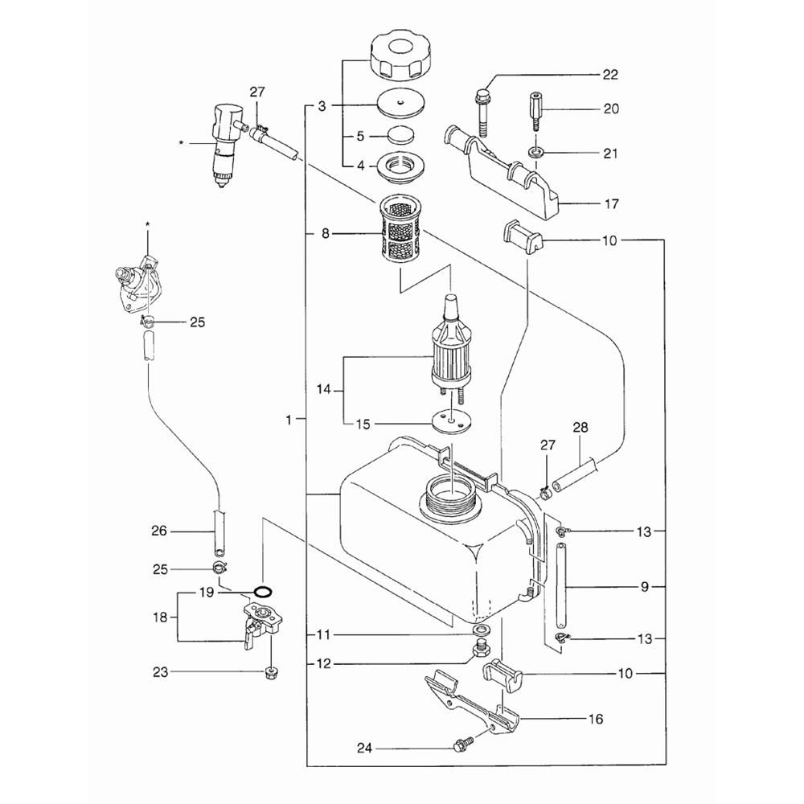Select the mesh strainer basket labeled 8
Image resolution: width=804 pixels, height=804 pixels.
tap(400, 233)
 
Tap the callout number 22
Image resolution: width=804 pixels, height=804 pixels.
tap(610, 75)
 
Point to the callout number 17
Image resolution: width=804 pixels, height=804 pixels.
tap(611, 204)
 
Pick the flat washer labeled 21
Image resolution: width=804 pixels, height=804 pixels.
tap(535, 151)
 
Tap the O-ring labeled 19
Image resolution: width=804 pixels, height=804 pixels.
tap(262, 593)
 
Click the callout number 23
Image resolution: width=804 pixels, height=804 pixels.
tap(161, 672)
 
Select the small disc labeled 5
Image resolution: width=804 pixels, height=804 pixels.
tap(399, 133)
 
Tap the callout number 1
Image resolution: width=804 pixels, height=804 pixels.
tap(289, 419)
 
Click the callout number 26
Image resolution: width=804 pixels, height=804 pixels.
tap(159, 530)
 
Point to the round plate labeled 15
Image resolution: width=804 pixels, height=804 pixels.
tap(448, 420)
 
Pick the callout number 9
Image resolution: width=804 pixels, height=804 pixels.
tap(645, 588)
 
